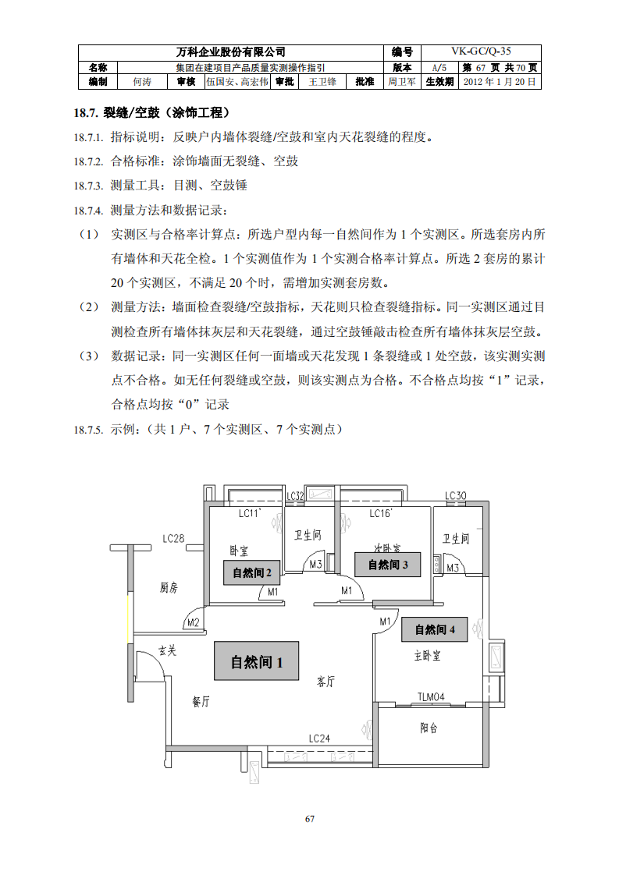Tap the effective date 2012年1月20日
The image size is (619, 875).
point(500,81)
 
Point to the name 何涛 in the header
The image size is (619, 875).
point(142,81)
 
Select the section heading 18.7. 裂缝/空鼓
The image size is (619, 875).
point(151,112)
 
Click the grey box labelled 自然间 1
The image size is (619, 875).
point(257,662)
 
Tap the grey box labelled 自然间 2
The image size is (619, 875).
point(252,573)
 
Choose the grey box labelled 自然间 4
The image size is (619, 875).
point(435,629)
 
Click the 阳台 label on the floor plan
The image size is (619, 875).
point(429,728)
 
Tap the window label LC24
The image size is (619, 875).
point(319,738)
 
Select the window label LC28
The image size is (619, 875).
point(173,539)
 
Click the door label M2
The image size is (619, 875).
point(193,622)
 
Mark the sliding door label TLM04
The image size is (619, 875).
point(430,696)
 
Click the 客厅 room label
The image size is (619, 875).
point(326,682)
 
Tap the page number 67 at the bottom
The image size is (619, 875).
point(310,819)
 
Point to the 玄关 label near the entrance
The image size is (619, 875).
point(168,650)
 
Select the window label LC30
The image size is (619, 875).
point(456,496)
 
